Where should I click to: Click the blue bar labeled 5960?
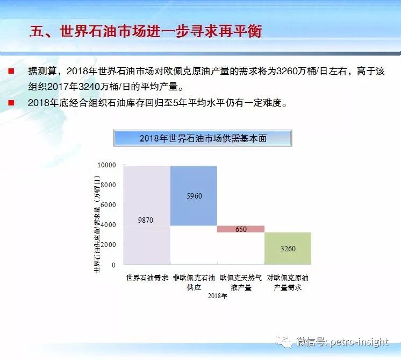click(x=194, y=196)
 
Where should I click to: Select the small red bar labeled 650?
click(x=241, y=229)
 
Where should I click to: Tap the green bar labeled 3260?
click(x=288, y=249)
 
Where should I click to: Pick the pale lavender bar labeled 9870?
click(x=147, y=215)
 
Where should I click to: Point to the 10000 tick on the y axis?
click(x=106, y=165)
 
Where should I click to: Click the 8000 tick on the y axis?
click(x=108, y=185)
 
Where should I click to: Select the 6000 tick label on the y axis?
click(x=108, y=205)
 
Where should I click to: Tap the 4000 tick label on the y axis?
click(x=108, y=225)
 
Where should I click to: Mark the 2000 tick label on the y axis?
click(x=108, y=245)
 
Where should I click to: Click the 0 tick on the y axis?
click(x=113, y=265)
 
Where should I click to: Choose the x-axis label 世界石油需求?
click(x=147, y=278)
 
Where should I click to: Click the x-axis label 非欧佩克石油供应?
click(x=194, y=283)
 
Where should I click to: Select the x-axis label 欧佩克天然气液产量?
click(x=241, y=283)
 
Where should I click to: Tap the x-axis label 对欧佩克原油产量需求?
click(x=288, y=283)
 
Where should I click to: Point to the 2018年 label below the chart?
click(x=217, y=296)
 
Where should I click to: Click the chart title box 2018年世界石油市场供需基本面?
click(x=203, y=138)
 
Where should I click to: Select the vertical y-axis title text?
click(x=97, y=224)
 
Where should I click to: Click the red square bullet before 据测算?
click(x=11, y=71)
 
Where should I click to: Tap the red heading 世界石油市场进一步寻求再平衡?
click(x=161, y=32)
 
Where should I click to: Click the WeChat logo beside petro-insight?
click(x=284, y=342)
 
